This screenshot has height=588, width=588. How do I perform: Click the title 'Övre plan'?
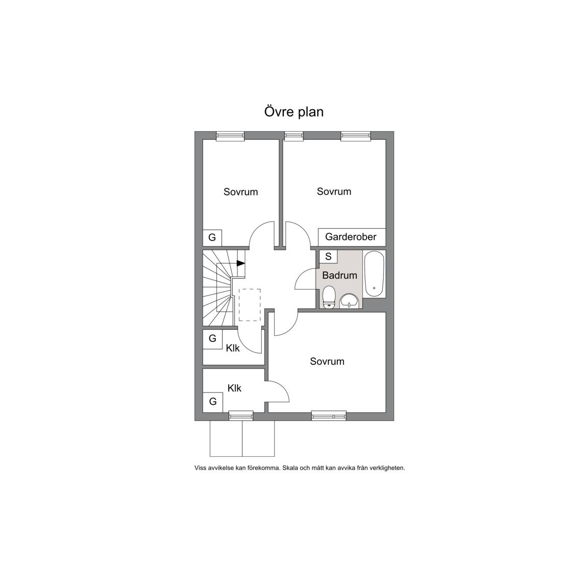click(x=293, y=112)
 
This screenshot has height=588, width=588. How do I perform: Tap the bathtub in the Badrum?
click(x=374, y=274)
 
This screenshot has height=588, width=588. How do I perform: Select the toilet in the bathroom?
click(x=329, y=298)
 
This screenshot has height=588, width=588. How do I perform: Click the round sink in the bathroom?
click(x=350, y=301)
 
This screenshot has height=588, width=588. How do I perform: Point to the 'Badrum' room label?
click(x=339, y=275)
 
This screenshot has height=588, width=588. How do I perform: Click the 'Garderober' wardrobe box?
click(x=352, y=237)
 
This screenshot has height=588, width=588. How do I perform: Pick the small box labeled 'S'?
click(x=328, y=257)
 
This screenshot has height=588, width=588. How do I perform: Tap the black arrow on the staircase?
click(x=241, y=263)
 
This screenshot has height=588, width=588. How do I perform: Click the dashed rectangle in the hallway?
click(x=250, y=305)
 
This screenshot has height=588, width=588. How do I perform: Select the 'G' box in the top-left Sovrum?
click(x=212, y=238)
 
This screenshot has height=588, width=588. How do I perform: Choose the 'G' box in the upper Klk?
click(x=213, y=338)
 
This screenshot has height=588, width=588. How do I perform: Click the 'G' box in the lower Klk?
click(x=213, y=402)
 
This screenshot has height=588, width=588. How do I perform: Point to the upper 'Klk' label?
click(x=233, y=349)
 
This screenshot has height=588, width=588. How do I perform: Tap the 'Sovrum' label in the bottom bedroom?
click(x=327, y=361)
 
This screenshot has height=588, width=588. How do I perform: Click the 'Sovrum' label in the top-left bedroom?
click(x=241, y=192)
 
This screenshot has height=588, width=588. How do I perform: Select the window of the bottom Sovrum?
click(x=329, y=415)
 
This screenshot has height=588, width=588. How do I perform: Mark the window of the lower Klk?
click(x=241, y=415)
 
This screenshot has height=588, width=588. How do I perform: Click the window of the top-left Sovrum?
click(x=230, y=136)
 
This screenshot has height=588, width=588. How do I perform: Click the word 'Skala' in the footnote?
click(x=290, y=468)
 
